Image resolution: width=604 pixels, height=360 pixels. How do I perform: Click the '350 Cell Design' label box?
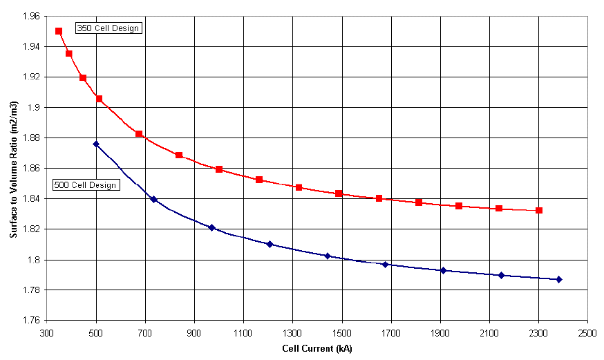pos(108,28)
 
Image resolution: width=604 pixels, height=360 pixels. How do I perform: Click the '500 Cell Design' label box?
pos(86,185)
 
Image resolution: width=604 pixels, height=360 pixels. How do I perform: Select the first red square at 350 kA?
pos(59,31)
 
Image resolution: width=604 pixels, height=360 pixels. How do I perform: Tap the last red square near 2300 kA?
pos(539,210)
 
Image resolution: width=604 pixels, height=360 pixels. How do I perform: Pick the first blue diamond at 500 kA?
pos(96,144)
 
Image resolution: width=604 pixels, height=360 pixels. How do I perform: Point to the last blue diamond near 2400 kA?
pos(559,279)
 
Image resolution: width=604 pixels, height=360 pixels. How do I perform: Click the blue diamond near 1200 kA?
pos(270,244)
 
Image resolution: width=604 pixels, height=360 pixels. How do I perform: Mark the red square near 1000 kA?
pos(219,169)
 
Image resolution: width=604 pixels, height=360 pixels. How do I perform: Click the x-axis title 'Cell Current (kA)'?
pos(317,348)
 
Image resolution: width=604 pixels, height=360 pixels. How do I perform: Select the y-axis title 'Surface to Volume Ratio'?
pos(13,167)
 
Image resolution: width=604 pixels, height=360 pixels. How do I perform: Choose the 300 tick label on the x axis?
pos(47,332)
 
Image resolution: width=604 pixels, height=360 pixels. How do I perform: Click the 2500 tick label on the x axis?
pos(587,332)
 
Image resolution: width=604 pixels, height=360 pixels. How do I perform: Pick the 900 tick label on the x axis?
pos(194,332)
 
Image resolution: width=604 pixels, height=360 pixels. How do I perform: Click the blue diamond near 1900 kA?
pos(443,270)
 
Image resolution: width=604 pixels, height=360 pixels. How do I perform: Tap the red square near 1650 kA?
pos(379,198)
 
